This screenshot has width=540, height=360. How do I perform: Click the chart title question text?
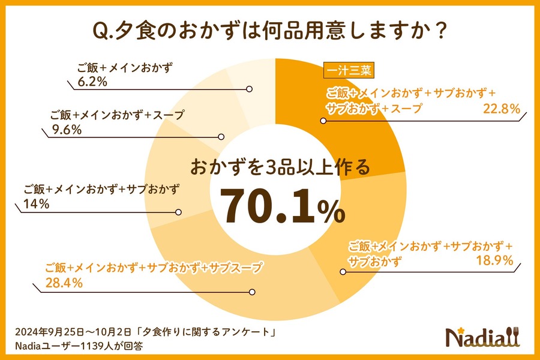coord(269,32)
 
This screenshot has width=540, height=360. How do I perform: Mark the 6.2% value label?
coord(92,82)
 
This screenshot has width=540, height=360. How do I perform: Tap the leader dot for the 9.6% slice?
coord(221,136)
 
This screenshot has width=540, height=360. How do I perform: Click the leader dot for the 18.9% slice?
coord(343,272)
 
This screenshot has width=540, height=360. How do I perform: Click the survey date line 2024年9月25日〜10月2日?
coord(147,332)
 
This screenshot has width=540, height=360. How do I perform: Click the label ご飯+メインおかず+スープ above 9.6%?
coord(116,114)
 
